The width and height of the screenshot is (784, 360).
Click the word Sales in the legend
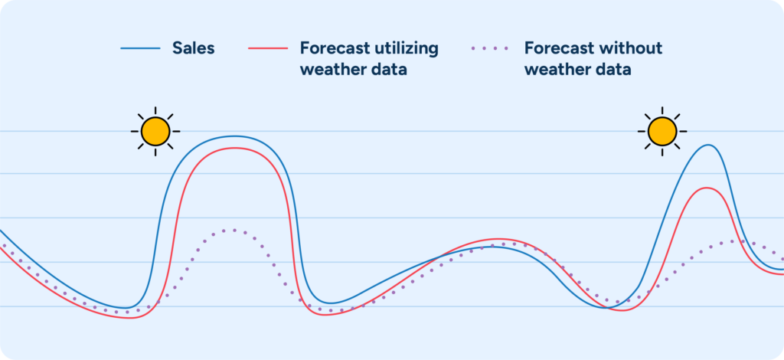pyautogui.click(x=193, y=48)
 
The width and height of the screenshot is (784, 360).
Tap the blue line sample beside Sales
pyautogui.click(x=140, y=49)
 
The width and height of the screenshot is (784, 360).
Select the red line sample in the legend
pyautogui.click(x=267, y=49)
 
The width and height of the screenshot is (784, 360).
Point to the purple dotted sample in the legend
pyautogui.click(x=490, y=49)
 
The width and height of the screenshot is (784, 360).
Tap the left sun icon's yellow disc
pyautogui.click(x=155, y=131)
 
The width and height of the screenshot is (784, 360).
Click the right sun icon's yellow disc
pyautogui.click(x=662, y=131)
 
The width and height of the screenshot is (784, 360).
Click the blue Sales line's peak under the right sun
pyautogui.click(x=708, y=145)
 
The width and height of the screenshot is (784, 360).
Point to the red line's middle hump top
pyautogui.click(x=498, y=239)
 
